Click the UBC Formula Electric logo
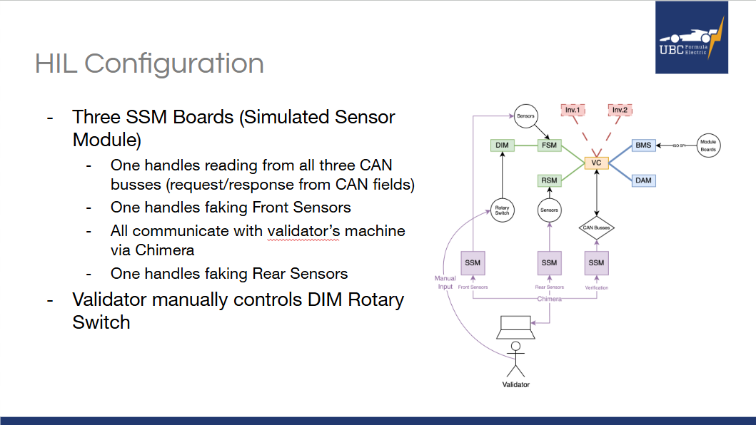point(692,38)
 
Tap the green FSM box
point(549,145)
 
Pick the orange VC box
point(596,163)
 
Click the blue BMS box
point(643,145)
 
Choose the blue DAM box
point(643,181)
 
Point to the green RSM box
point(549,181)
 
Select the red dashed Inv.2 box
point(620,110)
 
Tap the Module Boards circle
point(707,145)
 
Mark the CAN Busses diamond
point(596,228)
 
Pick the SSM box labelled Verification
point(596,262)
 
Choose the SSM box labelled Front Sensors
point(473,262)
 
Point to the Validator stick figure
point(515,359)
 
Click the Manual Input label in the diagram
point(445,282)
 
